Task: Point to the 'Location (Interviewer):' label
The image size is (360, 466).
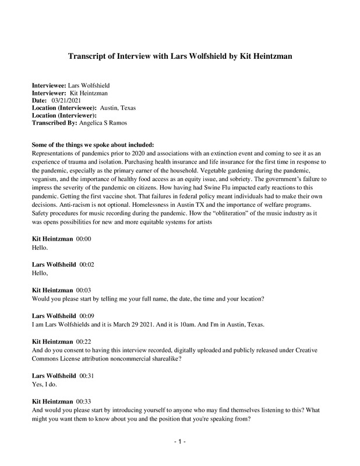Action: [x=64, y=115]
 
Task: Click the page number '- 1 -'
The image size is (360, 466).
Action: [x=180, y=442]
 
